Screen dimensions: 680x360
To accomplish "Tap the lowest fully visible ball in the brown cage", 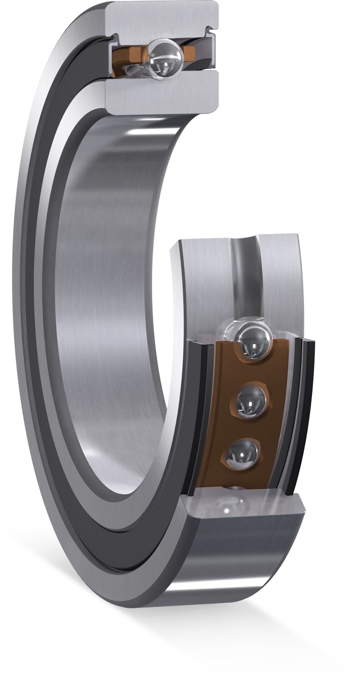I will (243, 453).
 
